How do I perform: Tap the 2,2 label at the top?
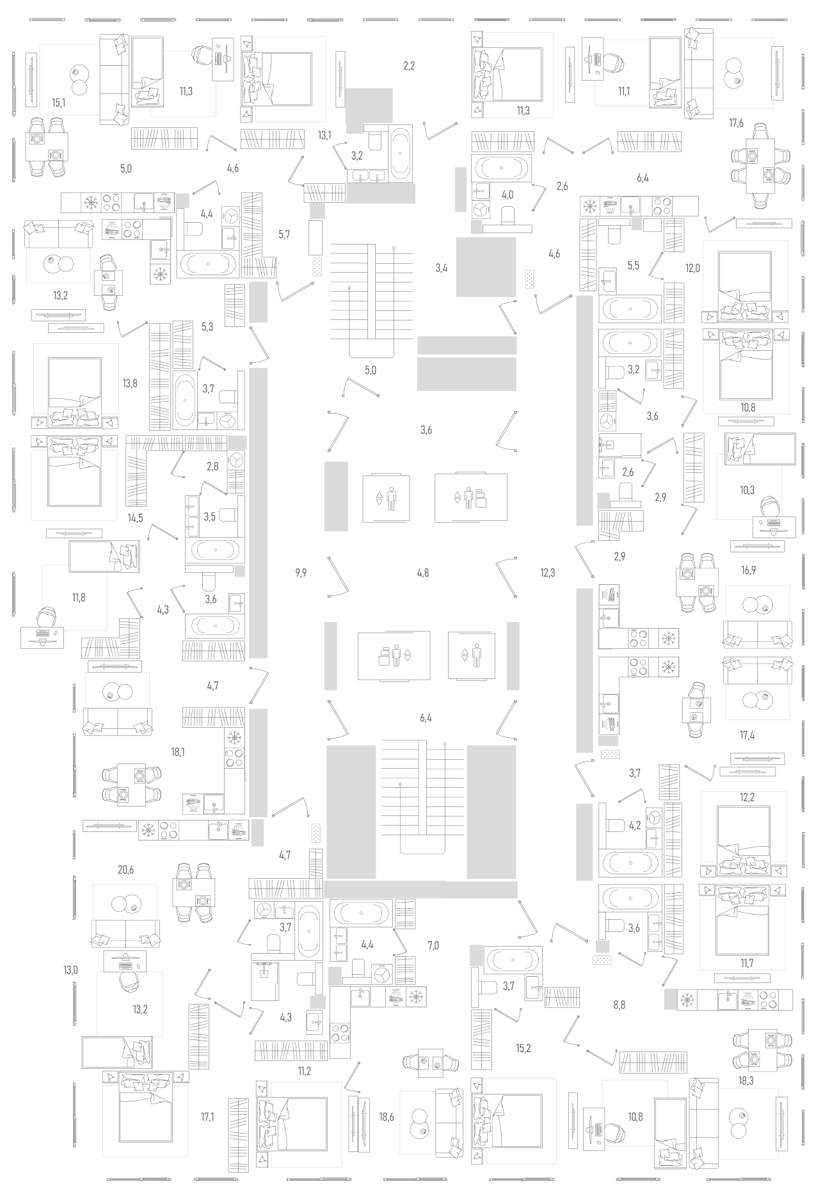409,65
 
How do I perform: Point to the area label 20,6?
125,870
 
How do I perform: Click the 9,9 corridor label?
301,573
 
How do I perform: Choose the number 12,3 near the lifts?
547,573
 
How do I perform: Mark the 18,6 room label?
386,1117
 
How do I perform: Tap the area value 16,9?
748,570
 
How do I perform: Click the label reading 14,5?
135,518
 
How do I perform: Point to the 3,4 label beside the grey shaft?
441,268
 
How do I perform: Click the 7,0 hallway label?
433,945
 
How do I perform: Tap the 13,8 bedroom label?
130,384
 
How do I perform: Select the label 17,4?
747,736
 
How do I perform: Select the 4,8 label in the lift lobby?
422,573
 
